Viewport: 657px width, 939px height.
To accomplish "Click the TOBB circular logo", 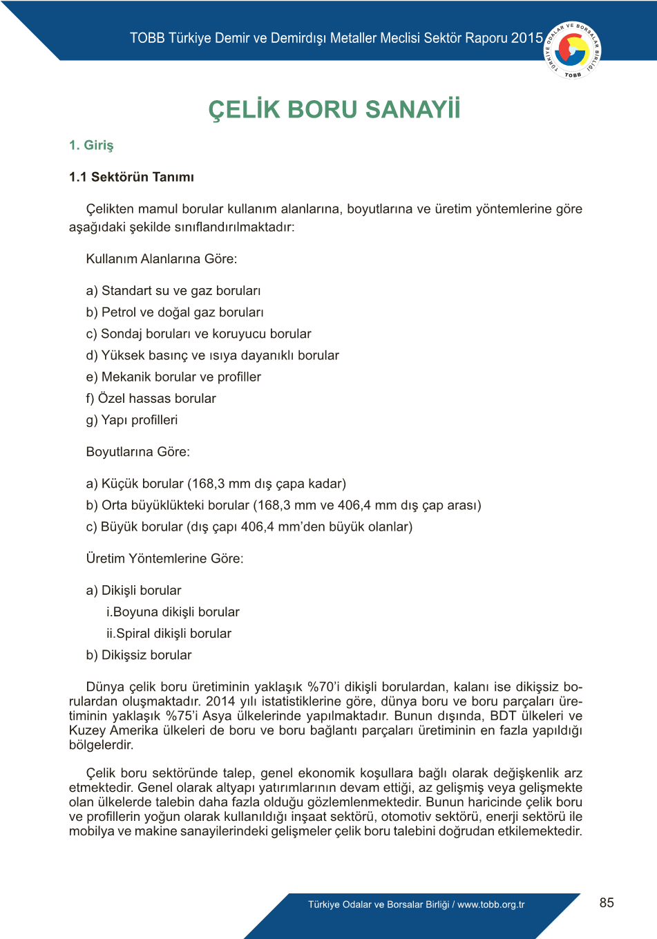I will [x=573, y=50].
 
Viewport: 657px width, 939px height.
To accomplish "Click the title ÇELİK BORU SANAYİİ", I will [x=334, y=110].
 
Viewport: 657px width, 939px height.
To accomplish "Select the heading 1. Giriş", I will [x=91, y=145].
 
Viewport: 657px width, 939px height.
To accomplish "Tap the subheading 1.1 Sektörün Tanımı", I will [x=131, y=177].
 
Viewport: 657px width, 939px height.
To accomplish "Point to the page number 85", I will [x=607, y=902].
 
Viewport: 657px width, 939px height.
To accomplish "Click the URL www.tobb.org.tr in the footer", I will [x=491, y=904].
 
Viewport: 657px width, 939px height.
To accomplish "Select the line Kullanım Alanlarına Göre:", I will [x=161, y=259].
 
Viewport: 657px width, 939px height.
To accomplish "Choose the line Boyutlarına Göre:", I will [x=137, y=452].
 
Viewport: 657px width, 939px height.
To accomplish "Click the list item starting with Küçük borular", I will [x=216, y=484].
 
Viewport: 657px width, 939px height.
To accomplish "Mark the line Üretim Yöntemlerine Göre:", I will [x=164, y=558].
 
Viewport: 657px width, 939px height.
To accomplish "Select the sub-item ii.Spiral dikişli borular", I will [x=169, y=633].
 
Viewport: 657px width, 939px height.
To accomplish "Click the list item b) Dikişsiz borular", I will [x=139, y=654].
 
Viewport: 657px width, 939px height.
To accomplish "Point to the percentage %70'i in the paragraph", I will [x=323, y=687].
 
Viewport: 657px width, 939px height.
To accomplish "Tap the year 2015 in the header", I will [x=527, y=38].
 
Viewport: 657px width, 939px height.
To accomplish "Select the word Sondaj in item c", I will [x=119, y=334].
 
